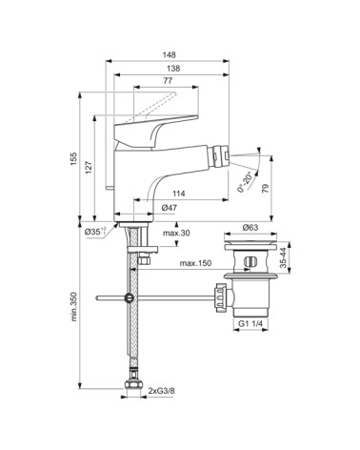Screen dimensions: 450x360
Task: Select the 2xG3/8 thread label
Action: [x=160, y=390]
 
